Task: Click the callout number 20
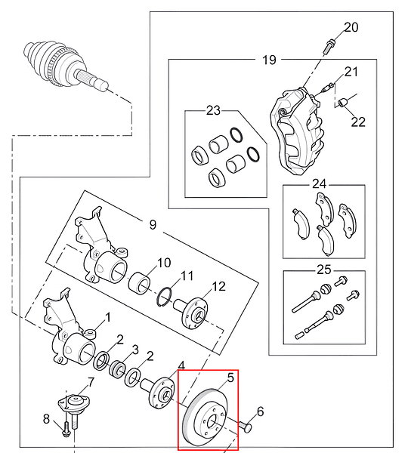pyautogui.click(x=351, y=27)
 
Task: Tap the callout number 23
pyautogui.click(x=213, y=110)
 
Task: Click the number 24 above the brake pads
pyautogui.click(x=320, y=183)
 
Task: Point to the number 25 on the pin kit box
pyautogui.click(x=324, y=270)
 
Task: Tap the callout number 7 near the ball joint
pyautogui.click(x=91, y=383)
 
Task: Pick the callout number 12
pyautogui.click(x=218, y=286)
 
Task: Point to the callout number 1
pyautogui.click(x=108, y=318)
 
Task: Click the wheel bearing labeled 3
pyautogui.click(x=117, y=369)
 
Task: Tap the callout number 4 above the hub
pyautogui.click(x=181, y=365)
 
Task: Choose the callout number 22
pyautogui.click(x=358, y=122)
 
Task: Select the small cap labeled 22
pyautogui.click(x=343, y=102)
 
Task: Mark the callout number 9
pyautogui.click(x=153, y=224)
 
